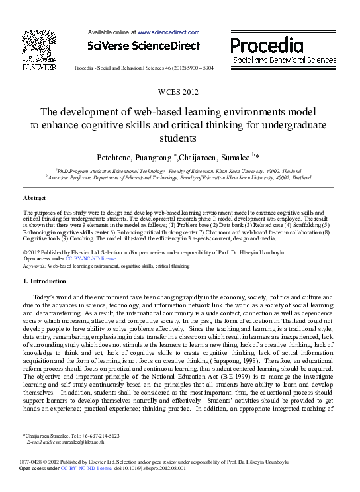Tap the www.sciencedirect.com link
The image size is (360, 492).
click(168, 32)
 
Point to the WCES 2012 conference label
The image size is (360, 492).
click(179, 92)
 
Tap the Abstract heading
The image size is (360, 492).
click(34, 198)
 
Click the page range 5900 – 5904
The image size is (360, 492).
click(198, 69)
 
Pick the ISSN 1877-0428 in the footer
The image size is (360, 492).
click(33, 462)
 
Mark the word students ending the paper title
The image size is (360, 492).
click(179, 139)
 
